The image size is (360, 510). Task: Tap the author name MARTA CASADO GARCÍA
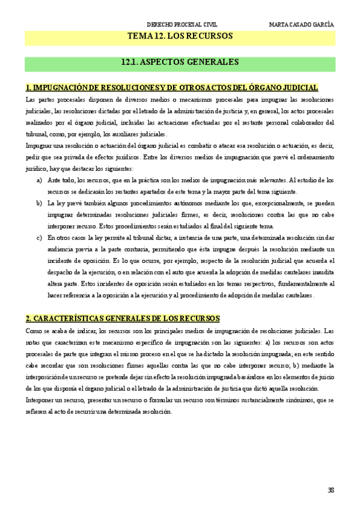pos(301,25)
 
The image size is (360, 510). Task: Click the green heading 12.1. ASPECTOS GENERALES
pos(180,62)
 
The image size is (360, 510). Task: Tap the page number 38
pos(331,490)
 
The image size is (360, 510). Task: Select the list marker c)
pos(40,238)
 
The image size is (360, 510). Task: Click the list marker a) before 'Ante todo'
pos(40,180)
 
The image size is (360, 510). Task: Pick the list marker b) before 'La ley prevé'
pos(40,203)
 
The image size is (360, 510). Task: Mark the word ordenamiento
pos(312,158)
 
